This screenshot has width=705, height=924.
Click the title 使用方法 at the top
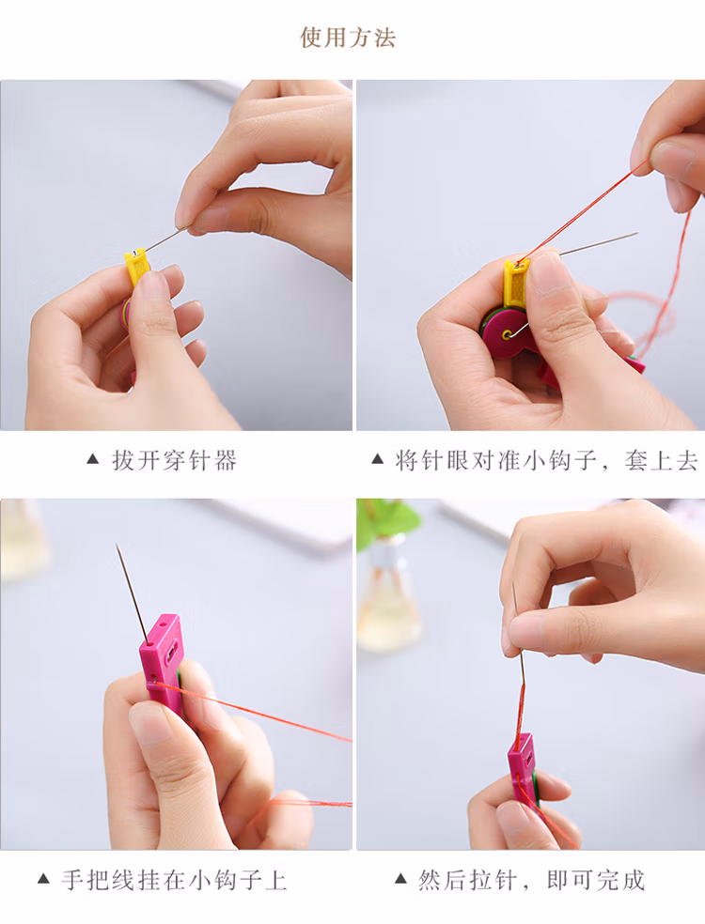pyautogui.click(x=348, y=38)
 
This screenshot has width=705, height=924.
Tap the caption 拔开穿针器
pyautogui.click(x=175, y=460)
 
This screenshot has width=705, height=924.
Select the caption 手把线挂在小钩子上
pyautogui.click(x=175, y=881)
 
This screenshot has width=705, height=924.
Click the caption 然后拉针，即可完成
pyautogui.click(x=531, y=880)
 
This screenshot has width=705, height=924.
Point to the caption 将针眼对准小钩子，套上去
pyautogui.click(x=546, y=460)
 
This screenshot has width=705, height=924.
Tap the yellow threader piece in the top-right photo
pyautogui.click(x=516, y=284)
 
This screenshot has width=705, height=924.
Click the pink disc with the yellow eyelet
pyautogui.click(x=506, y=333)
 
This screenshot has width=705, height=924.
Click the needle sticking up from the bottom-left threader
pyautogui.click(x=133, y=593)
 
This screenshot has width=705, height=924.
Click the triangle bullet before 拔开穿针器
pyautogui.click(x=93, y=459)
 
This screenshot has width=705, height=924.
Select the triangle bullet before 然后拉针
pyautogui.click(x=400, y=879)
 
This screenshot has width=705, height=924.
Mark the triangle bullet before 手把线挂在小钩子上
pyautogui.click(x=43, y=879)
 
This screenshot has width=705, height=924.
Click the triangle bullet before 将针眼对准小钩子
pyautogui.click(x=378, y=459)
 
